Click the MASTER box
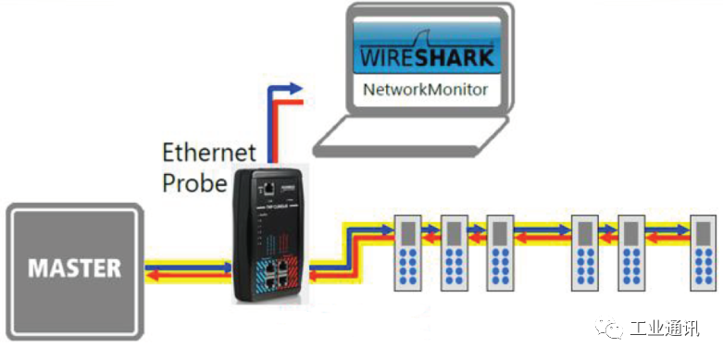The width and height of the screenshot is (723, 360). (x=74, y=268)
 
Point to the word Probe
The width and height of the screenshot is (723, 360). (x=194, y=182)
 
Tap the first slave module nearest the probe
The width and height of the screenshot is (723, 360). (x=407, y=253)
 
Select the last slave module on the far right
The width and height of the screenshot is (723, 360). (x=704, y=253)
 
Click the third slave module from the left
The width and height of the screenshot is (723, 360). (x=500, y=253)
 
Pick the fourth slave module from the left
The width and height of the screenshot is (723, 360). (x=585, y=253)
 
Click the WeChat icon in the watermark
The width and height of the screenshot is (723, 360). (x=610, y=329)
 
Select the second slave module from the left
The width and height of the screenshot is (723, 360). (x=454, y=253)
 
